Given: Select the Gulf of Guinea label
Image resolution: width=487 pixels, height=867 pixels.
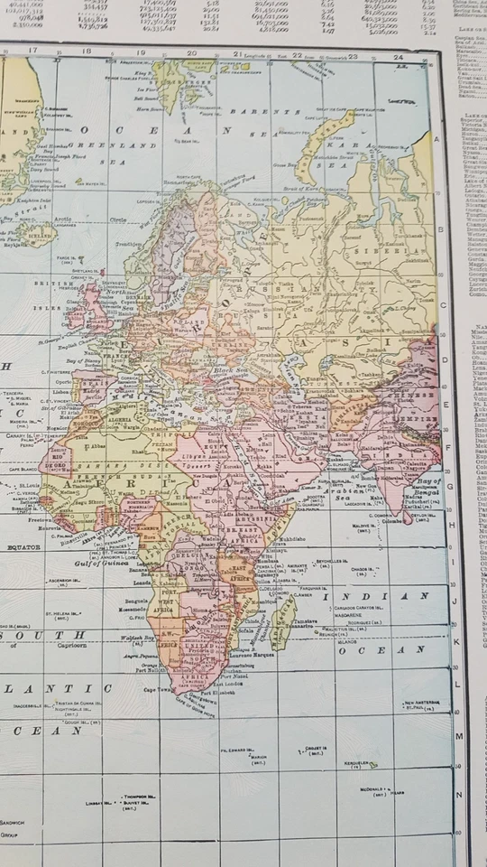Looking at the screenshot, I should coord(106,564).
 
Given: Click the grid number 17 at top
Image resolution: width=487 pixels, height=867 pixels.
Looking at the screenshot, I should coord(33,51).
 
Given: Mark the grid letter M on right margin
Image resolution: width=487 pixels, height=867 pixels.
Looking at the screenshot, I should coord(458,735).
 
